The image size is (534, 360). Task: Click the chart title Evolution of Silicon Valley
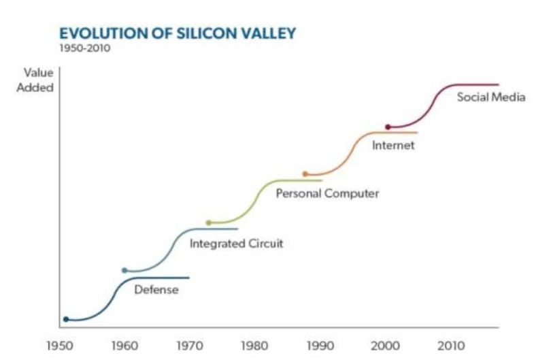tap(177, 33)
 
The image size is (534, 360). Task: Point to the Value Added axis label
tap(38, 80)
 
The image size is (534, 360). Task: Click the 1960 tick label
tap(124, 346)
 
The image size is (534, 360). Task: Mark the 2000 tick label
tap(386, 346)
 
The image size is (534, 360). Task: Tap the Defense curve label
tap(156, 290)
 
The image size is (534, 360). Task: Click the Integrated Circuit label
tap(236, 243)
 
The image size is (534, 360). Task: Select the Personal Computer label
tap(327, 194)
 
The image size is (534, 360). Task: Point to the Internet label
tap(393, 146)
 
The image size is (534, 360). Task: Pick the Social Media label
tap(491, 97)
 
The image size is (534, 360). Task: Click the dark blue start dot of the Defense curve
tap(66, 318)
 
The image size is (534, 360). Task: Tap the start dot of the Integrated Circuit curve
tap(124, 270)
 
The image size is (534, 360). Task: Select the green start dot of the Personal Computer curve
tap(209, 223)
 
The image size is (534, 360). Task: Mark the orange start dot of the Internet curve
tap(305, 174)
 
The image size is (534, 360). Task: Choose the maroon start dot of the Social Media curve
tap(388, 127)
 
